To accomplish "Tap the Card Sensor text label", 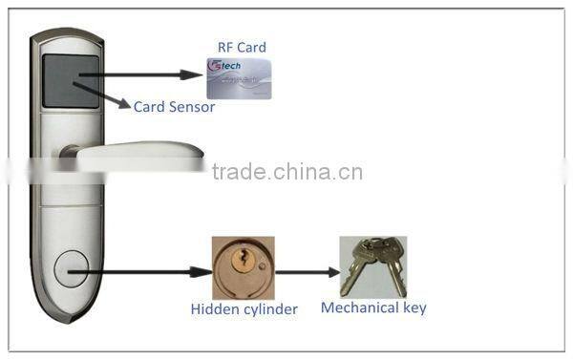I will (x=174, y=107).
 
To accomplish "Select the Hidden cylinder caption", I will (x=243, y=308).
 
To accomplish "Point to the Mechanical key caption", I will (x=373, y=307).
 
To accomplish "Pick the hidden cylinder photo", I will (x=243, y=267).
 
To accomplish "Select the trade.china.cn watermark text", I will (x=286, y=173).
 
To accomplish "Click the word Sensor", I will (x=194, y=107).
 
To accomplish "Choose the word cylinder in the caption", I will (x=270, y=308).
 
